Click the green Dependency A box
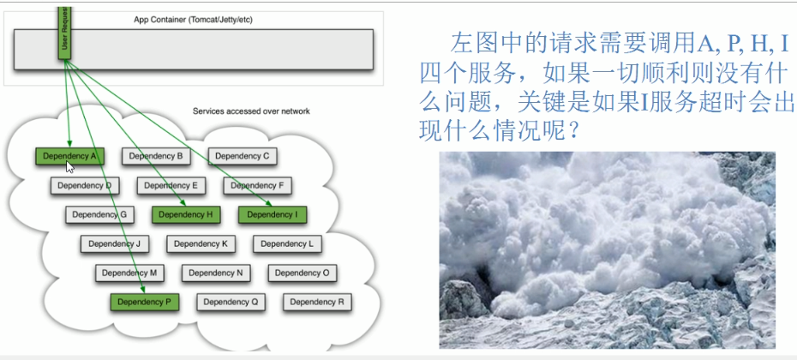pyautogui.click(x=69, y=156)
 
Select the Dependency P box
pyautogui.click(x=145, y=302)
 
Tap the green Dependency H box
pyautogui.click(x=186, y=214)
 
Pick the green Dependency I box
pyautogui.click(x=273, y=214)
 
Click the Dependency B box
pyautogui.click(x=156, y=156)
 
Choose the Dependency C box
pyautogui.click(x=243, y=156)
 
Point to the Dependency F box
pyautogui.click(x=257, y=186)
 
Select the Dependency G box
pyautogui.click(x=99, y=214)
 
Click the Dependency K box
pyautogui.click(x=201, y=244)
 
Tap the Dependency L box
pyautogui.click(x=287, y=244)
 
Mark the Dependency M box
pyautogui.click(x=129, y=273)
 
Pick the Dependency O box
pyautogui.click(x=303, y=273)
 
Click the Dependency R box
pyautogui.click(x=317, y=302)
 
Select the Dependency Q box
pyautogui.click(x=231, y=302)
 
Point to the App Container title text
pyautogui.click(x=193, y=20)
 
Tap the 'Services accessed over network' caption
pyautogui.click(x=251, y=111)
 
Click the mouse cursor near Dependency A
pyautogui.click(x=69, y=167)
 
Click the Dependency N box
pyautogui.click(x=216, y=273)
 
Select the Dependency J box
pyautogui.click(x=114, y=244)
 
